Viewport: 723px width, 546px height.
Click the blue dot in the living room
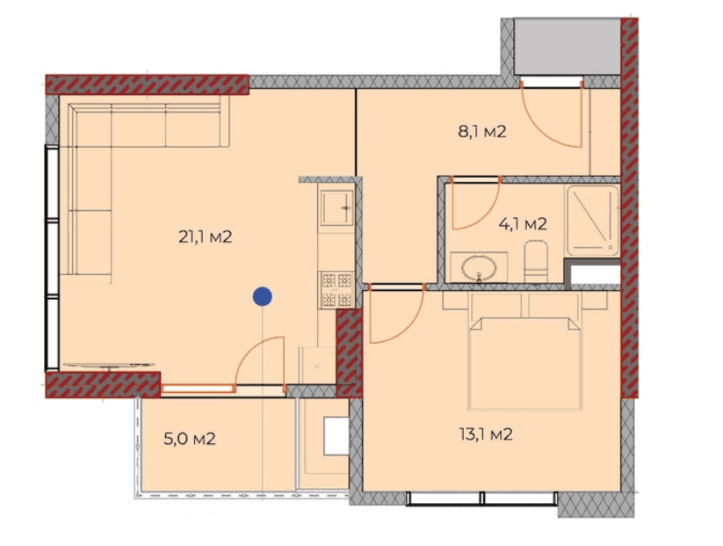261,297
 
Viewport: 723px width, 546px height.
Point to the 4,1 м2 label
523,224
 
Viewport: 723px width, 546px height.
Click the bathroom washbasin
480,266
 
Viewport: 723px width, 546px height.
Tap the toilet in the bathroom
535,261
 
